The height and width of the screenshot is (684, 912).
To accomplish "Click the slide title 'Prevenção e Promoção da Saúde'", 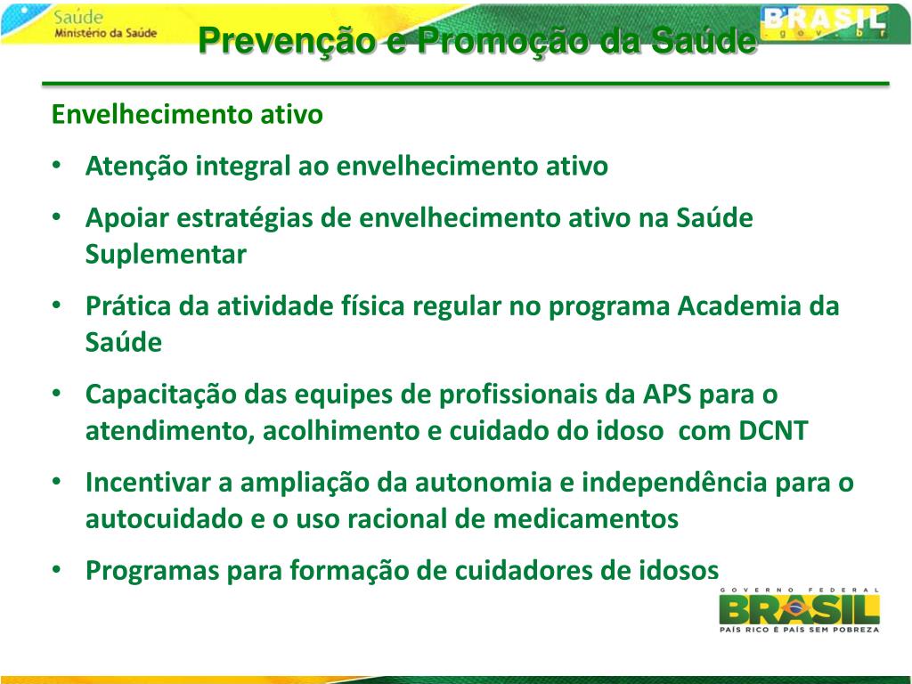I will tap(476, 40).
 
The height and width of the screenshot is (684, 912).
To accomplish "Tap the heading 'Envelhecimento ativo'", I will tap(187, 115).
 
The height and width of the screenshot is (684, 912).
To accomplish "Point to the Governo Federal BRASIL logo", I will tap(799, 609).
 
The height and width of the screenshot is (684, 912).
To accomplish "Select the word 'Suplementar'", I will tap(166, 255).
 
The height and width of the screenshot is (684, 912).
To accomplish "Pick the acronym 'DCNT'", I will tap(773, 431).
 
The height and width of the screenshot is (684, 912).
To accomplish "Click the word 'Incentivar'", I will tap(147, 483).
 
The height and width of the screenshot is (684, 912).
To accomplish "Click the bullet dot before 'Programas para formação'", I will tap(56, 569).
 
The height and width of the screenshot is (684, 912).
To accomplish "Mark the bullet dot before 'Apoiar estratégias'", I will tap(56, 217).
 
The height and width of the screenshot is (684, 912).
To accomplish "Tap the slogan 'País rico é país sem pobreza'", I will tap(799, 630).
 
